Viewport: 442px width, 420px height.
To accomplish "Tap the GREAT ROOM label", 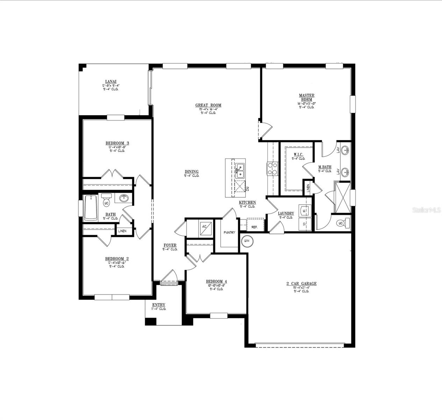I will [x=208, y=105].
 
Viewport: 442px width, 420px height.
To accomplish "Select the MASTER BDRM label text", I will [x=306, y=97].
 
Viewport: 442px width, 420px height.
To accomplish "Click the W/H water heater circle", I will [x=247, y=241].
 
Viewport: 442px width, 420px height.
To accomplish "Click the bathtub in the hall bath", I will [x=91, y=208].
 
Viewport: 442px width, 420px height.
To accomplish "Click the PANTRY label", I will [x=229, y=232].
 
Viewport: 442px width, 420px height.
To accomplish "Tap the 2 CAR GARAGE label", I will [x=301, y=283].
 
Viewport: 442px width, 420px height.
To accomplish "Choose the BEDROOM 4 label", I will [x=216, y=281].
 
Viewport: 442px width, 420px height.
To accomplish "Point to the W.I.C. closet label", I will [x=298, y=154].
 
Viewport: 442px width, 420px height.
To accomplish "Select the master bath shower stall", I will [x=342, y=197].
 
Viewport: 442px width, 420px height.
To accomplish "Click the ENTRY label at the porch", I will [x=158, y=305].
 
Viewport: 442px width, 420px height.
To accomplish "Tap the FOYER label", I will [x=170, y=245].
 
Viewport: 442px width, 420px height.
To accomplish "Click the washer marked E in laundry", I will [x=304, y=211].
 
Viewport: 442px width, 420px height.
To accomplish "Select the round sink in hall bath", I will [x=124, y=198].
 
